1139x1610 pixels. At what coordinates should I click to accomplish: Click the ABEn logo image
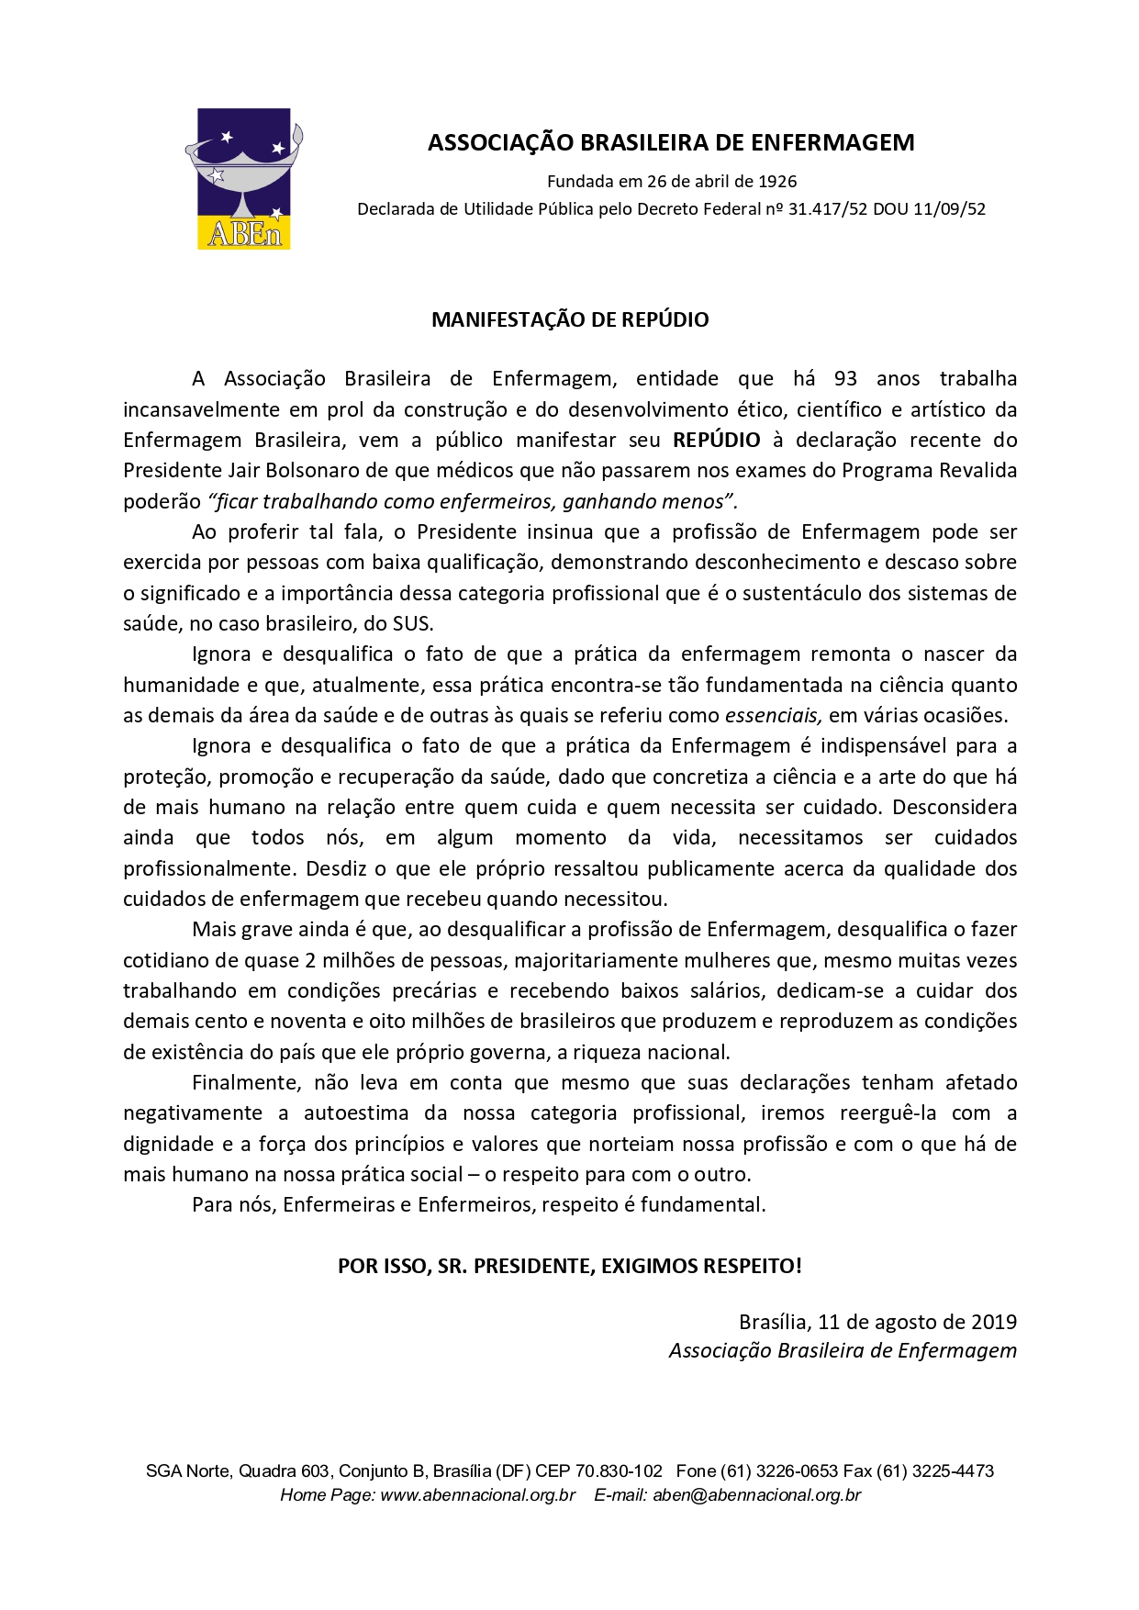tap(244, 179)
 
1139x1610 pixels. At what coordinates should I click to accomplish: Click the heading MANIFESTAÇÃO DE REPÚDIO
tap(570, 319)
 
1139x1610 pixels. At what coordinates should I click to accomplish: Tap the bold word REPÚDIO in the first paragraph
tap(716, 440)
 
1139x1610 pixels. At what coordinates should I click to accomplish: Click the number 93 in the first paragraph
tap(845, 378)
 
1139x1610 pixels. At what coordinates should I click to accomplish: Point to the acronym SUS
tap(411, 623)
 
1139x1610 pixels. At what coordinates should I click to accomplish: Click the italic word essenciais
tap(773, 715)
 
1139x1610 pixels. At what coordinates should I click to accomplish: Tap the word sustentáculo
tap(801, 593)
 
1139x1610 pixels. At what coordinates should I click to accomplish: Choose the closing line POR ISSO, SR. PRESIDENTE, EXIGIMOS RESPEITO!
tap(570, 1266)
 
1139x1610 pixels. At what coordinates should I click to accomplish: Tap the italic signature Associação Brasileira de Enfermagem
tap(843, 1350)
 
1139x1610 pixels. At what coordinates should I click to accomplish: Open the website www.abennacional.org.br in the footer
tap(477, 1494)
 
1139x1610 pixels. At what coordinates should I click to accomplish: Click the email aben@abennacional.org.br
tap(756, 1494)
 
